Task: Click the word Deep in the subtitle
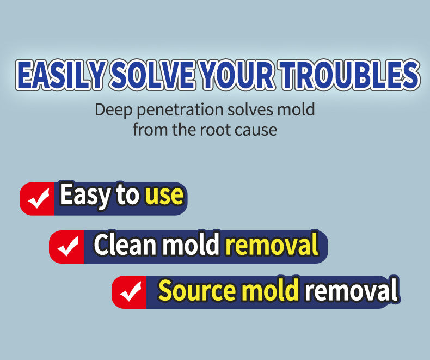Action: [114, 109]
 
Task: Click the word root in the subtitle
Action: [217, 130]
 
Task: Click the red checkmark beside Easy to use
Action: [38, 199]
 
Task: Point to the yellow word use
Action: [164, 196]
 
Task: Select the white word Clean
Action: [125, 245]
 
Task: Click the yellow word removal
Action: [272, 245]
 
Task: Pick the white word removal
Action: [351, 290]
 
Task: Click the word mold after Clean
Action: [191, 245]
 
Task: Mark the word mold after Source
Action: [270, 290]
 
